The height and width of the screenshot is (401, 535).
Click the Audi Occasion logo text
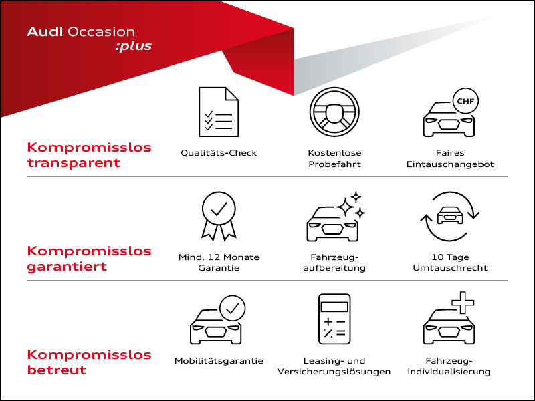coord(81,31)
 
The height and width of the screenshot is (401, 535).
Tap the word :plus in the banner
coord(133,47)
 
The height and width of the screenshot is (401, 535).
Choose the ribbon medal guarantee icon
coord(219,215)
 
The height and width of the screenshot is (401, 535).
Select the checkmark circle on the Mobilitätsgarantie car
coord(233,308)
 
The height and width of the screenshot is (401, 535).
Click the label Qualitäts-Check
coord(219,153)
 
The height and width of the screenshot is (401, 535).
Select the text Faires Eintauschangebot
coord(449,158)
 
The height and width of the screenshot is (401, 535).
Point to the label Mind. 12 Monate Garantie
coord(219,262)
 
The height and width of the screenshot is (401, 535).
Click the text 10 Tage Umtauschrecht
coord(449,262)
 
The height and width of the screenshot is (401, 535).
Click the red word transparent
coord(74,162)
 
